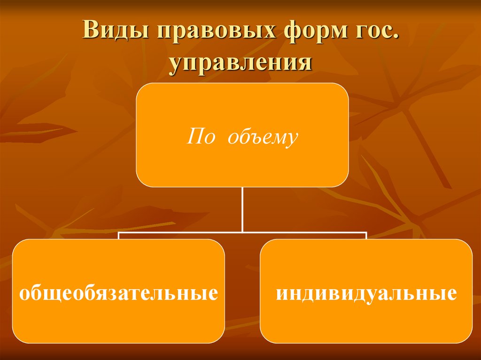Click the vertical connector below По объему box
tap(242, 209)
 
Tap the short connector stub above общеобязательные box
tap(118, 236)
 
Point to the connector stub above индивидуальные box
tap(366, 236)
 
